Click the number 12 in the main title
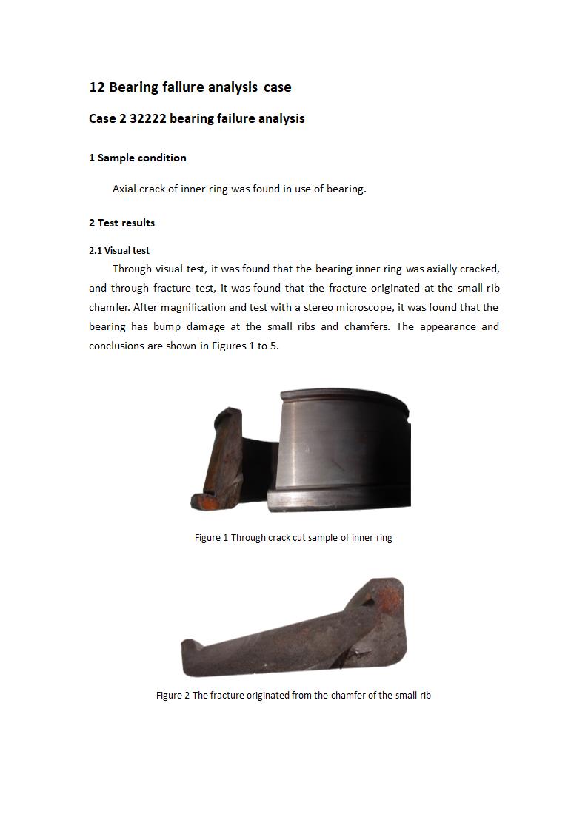(x=97, y=87)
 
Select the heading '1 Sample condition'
(x=138, y=158)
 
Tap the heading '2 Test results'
(x=121, y=223)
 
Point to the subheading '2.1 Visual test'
(x=119, y=250)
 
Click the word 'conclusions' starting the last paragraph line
(x=116, y=346)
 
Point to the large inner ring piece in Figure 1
(x=344, y=448)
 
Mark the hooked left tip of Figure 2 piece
(x=188, y=647)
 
